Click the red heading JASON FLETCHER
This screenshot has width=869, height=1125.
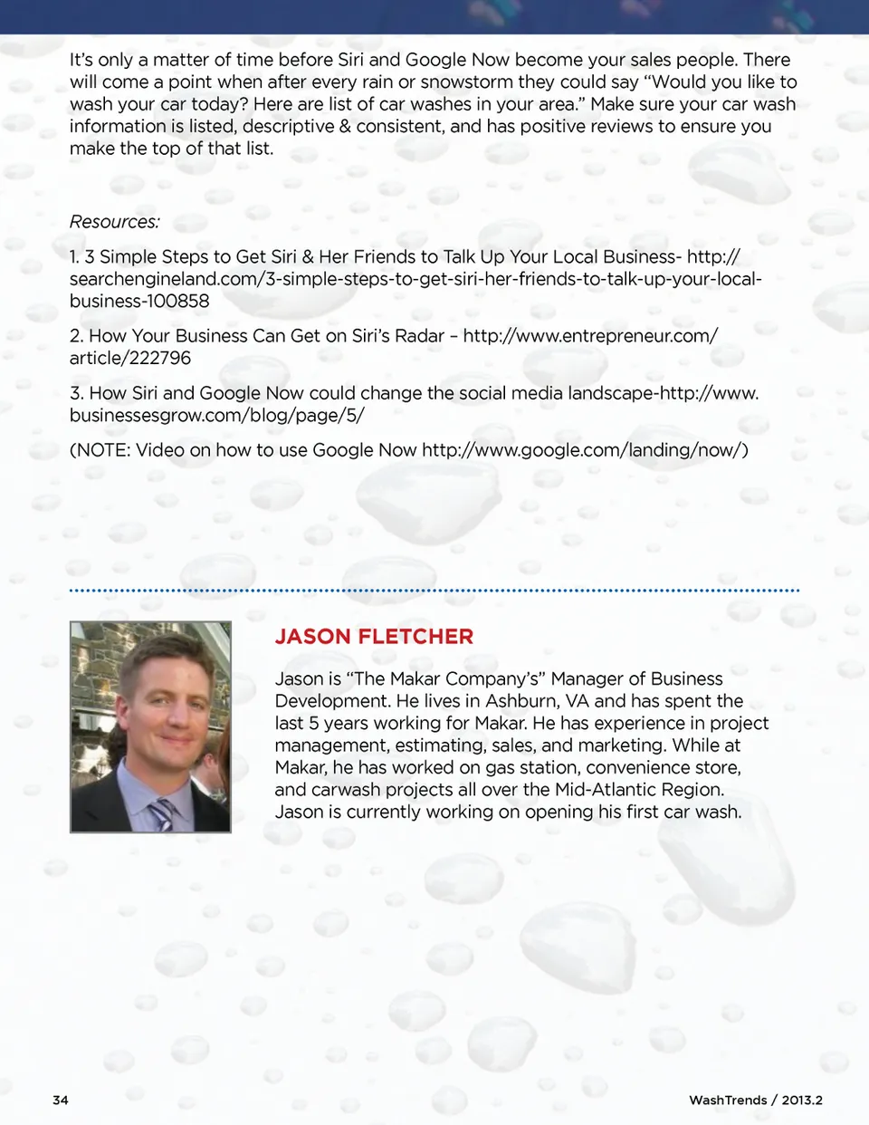pos(374,637)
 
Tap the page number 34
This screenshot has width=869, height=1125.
pos(61,1100)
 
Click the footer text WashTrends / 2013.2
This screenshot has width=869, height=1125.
pos(755,1100)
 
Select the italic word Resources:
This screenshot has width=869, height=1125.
pos(115,222)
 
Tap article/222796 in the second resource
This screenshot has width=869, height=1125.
pos(130,359)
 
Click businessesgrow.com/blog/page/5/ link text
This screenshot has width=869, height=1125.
pos(216,416)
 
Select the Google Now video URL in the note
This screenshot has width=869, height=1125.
pos(585,450)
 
